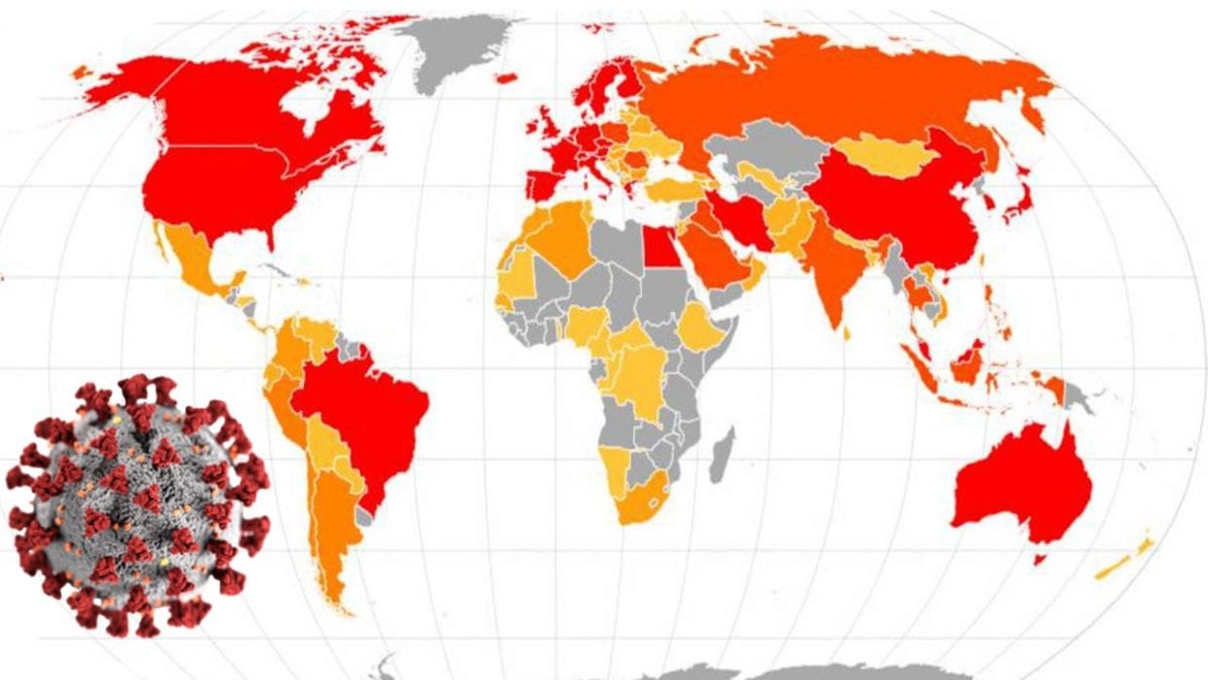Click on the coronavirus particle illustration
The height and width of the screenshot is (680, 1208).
[136, 502]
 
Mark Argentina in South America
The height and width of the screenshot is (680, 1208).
[336, 526]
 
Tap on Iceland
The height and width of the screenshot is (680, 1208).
[506, 77]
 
